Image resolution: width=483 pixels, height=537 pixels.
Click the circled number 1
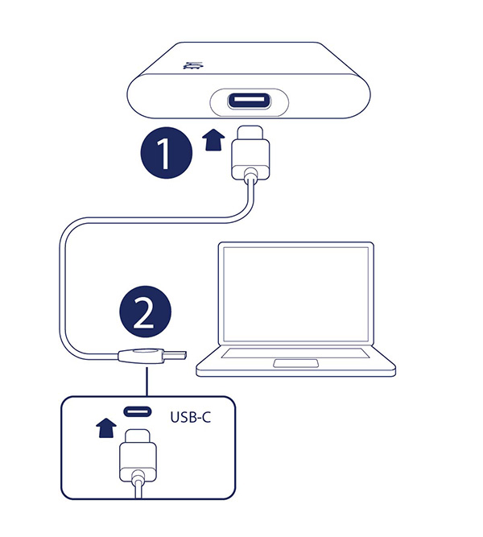[166, 154]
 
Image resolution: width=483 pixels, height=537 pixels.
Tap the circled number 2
[145, 313]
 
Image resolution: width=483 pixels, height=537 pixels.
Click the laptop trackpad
[296, 364]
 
